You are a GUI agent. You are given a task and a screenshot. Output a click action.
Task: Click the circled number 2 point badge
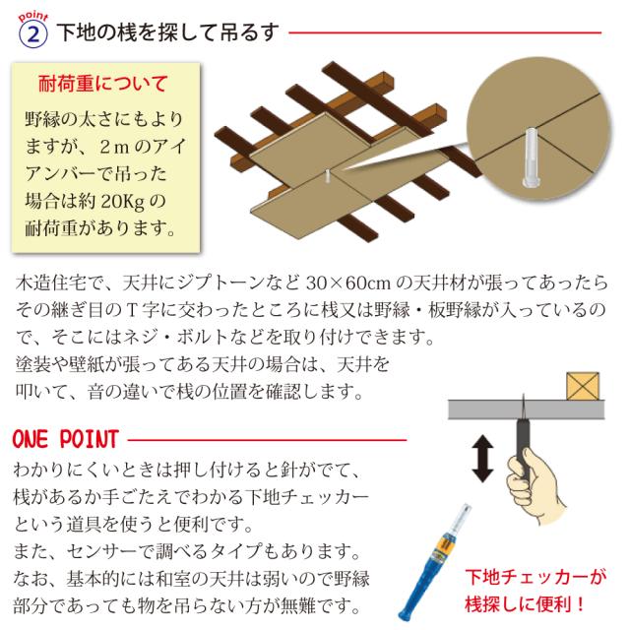click(x=33, y=32)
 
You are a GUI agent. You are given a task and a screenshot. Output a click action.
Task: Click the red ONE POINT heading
click(x=65, y=436)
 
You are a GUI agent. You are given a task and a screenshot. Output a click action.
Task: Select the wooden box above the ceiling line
click(x=583, y=384)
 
